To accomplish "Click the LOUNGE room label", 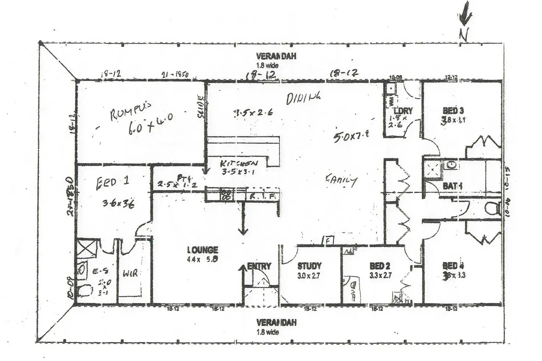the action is (x=203, y=250).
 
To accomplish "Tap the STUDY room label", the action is (x=309, y=266).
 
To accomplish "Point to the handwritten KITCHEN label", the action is (x=239, y=163).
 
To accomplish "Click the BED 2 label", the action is (x=380, y=266).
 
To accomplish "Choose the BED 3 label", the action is (x=453, y=110).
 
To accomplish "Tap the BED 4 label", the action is (x=453, y=266).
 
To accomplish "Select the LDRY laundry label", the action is (x=403, y=111).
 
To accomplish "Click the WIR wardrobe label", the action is (x=130, y=273).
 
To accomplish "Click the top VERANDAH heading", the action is (x=276, y=56).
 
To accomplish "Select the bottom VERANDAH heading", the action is (x=276, y=323).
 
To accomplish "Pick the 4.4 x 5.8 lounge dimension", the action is (x=203, y=259).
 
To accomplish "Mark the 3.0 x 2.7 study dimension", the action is (x=309, y=275).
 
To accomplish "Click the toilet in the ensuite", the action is (x=84, y=291).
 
